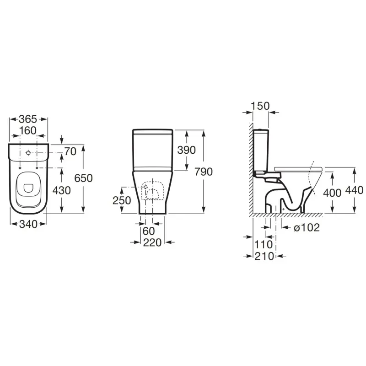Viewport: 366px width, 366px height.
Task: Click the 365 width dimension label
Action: click(28, 119)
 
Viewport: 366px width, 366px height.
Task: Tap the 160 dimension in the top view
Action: click(28, 131)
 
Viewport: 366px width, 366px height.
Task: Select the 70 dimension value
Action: click(70, 151)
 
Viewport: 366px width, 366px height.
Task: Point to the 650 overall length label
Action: click(84, 178)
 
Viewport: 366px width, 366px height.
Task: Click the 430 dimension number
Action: click(62, 190)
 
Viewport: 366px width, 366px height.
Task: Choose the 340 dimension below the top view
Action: click(28, 224)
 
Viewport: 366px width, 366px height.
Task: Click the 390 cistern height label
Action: click(187, 150)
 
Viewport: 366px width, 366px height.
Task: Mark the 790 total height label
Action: click(204, 172)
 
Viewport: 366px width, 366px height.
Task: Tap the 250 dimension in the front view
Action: click(122, 200)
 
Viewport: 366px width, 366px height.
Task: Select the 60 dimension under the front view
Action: click(149, 231)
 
